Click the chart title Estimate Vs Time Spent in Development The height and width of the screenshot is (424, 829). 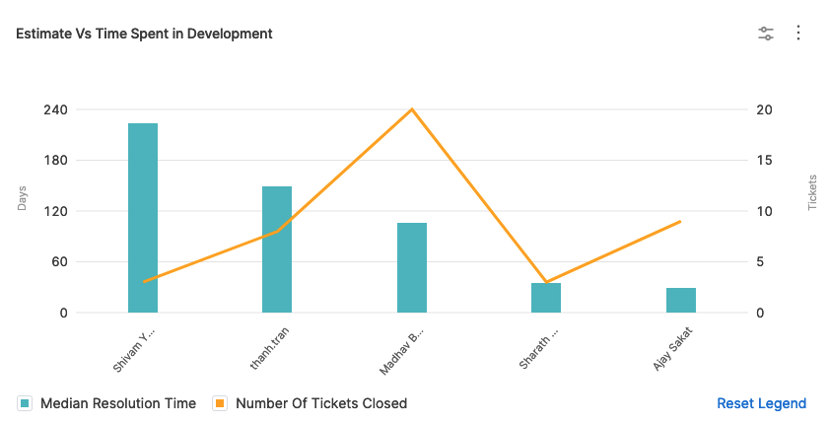click(x=144, y=34)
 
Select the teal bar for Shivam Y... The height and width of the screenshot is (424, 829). click(x=143, y=218)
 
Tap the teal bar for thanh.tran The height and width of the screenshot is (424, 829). click(x=277, y=249)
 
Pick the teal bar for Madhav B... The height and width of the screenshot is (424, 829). click(x=412, y=267)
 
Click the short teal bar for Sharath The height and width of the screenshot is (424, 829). click(x=546, y=298)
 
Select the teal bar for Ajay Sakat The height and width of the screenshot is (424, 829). click(x=680, y=300)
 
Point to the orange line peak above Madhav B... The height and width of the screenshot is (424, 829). click(x=412, y=109)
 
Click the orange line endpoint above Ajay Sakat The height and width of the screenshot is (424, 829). click(x=680, y=222)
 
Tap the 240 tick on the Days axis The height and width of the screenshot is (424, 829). click(x=55, y=109)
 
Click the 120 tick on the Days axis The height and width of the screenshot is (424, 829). click(x=55, y=211)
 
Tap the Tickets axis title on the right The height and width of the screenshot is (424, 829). click(x=812, y=193)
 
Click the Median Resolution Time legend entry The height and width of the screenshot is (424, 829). click(x=108, y=403)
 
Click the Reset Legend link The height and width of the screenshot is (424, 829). click(x=761, y=403)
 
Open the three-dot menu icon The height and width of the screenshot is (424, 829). click(x=798, y=34)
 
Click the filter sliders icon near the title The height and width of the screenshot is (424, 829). click(x=766, y=34)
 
